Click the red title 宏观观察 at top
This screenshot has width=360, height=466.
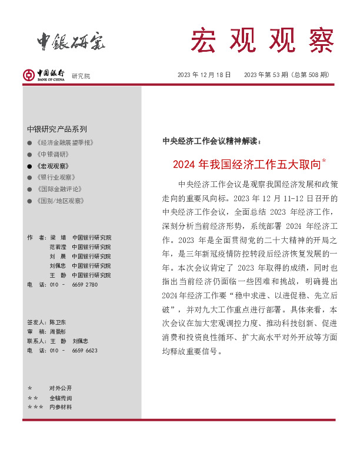(x=262, y=40)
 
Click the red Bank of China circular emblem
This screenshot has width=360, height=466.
(x=29, y=74)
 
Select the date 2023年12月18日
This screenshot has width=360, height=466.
(x=204, y=75)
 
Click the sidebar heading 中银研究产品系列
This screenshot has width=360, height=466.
(x=57, y=129)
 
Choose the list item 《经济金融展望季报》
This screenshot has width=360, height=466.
(x=65, y=143)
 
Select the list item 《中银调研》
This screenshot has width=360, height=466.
(x=53, y=154)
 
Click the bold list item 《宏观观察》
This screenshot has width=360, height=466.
(x=53, y=166)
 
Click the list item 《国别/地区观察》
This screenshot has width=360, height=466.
(x=60, y=201)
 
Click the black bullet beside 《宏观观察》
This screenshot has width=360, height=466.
(x=30, y=166)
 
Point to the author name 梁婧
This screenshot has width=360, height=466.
(x=58, y=238)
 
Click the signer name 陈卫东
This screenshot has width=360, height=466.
(x=58, y=322)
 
